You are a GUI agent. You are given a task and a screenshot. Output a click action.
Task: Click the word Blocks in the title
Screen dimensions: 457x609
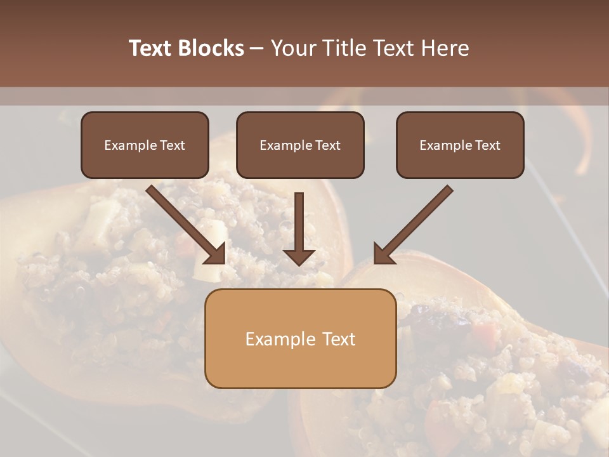(211, 48)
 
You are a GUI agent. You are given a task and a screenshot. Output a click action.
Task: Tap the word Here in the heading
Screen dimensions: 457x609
(443, 48)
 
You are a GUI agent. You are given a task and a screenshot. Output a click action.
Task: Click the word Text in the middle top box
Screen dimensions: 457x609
(327, 145)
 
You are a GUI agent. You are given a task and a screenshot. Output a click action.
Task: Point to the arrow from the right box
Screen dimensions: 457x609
(416, 222)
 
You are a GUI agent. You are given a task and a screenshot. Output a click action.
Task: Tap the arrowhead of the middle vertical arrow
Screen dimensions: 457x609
(299, 257)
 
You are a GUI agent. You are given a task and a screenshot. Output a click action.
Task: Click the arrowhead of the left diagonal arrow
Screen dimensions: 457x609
(216, 255)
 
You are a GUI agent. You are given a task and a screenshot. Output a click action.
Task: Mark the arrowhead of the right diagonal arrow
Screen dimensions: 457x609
(383, 254)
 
